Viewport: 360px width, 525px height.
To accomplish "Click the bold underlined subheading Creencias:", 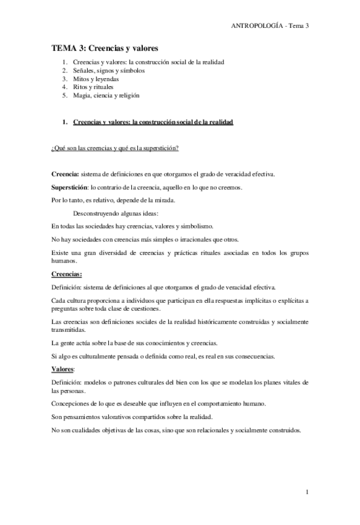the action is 66,274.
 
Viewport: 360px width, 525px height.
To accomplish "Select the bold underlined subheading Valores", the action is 62,370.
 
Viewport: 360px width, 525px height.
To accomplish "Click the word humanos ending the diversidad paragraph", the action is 63,261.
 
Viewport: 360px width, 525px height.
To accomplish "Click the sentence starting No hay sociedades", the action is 145,239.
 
